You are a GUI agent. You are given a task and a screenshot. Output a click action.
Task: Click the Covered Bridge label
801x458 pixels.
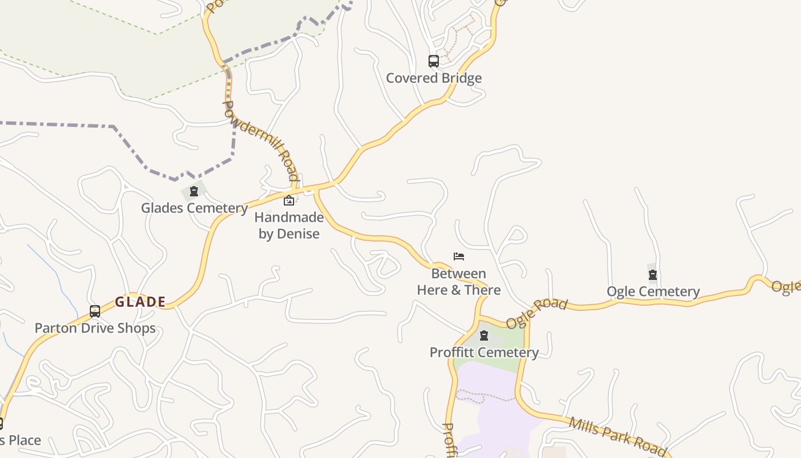(x=434, y=78)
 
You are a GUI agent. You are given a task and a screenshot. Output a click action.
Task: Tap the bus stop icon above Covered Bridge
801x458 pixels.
(x=434, y=61)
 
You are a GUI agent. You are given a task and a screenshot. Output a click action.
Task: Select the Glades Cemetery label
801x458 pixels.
(x=194, y=207)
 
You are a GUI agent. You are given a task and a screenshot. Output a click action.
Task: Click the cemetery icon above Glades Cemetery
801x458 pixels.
(x=194, y=191)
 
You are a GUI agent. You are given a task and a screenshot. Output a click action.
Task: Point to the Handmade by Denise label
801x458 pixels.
(x=289, y=226)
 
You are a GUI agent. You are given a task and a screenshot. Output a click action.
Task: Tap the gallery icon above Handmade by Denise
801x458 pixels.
(x=289, y=200)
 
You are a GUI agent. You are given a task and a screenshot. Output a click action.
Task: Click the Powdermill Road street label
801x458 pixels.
(x=260, y=141)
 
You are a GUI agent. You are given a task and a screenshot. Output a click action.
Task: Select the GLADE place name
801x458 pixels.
(x=141, y=302)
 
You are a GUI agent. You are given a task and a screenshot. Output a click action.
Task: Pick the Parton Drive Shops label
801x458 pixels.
(x=95, y=328)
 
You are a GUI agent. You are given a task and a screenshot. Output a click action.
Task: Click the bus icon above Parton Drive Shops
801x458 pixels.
(x=95, y=311)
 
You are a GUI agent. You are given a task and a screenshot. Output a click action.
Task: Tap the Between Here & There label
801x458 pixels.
(x=459, y=282)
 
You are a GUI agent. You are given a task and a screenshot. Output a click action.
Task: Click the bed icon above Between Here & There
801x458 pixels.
(x=459, y=256)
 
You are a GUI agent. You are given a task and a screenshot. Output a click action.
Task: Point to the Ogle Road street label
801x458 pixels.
(x=536, y=314)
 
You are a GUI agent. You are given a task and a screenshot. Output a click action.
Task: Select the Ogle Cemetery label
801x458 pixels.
(x=653, y=291)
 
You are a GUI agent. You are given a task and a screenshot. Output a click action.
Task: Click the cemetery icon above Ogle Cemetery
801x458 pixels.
(x=653, y=275)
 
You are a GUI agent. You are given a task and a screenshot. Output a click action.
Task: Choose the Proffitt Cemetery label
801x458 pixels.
(x=484, y=352)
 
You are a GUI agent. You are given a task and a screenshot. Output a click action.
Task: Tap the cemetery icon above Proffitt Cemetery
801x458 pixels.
(x=484, y=335)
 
